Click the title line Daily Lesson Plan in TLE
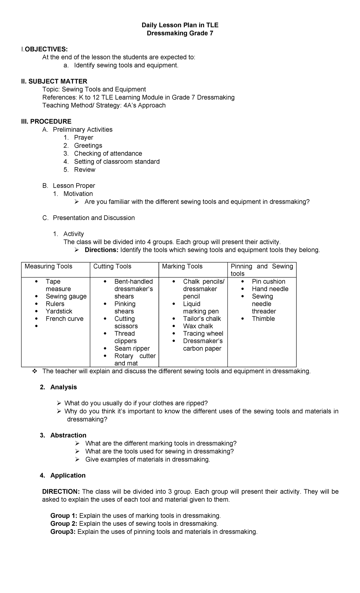180,25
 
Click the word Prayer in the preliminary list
84,137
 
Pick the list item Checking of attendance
108,154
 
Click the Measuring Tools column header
48,266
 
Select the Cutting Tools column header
112,266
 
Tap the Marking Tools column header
182,266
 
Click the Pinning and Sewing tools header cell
262,270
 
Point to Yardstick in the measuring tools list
59,311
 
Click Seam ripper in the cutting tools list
132,348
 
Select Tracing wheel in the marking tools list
203,334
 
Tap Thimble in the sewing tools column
263,319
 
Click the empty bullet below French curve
36,326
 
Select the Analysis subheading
64,387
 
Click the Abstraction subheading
68,435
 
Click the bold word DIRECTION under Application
61,492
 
